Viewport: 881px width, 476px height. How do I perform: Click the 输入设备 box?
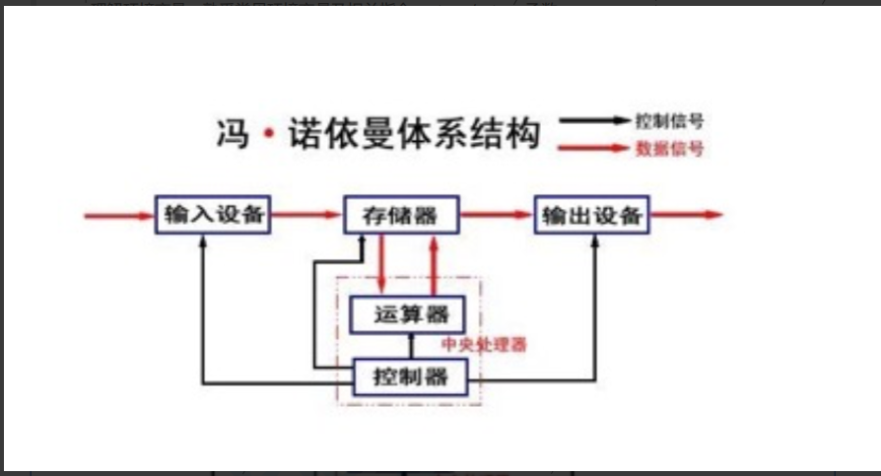214,215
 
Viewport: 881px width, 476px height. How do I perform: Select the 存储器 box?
403,215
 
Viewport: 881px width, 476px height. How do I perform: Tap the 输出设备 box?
592,215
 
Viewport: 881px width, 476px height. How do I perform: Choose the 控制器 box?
410,374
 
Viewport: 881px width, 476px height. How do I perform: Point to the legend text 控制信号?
670,122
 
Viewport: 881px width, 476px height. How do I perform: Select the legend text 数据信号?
670,148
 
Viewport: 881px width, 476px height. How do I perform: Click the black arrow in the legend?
594,121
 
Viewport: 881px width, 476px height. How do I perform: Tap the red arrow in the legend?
594,148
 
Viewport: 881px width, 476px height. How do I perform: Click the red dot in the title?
268,134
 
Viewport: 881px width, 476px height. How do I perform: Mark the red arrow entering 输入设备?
119,215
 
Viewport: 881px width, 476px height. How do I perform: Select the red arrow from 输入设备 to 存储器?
306,215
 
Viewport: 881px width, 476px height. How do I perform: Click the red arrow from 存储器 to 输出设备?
498,215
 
